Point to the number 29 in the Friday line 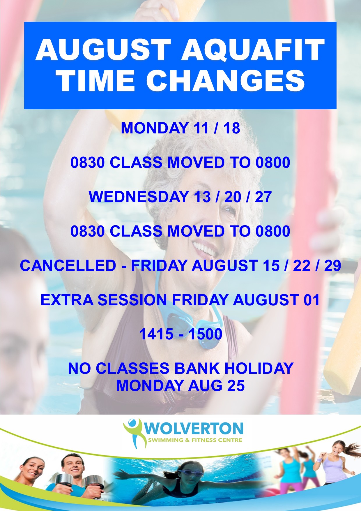click(332, 265)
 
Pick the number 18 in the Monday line click(232, 128)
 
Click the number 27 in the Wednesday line click(263, 197)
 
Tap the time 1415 click(156, 334)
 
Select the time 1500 click(205, 334)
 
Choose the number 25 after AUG click(236, 385)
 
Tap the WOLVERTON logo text click(194, 429)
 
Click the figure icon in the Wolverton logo click(134, 433)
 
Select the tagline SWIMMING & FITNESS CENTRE click(195, 440)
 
